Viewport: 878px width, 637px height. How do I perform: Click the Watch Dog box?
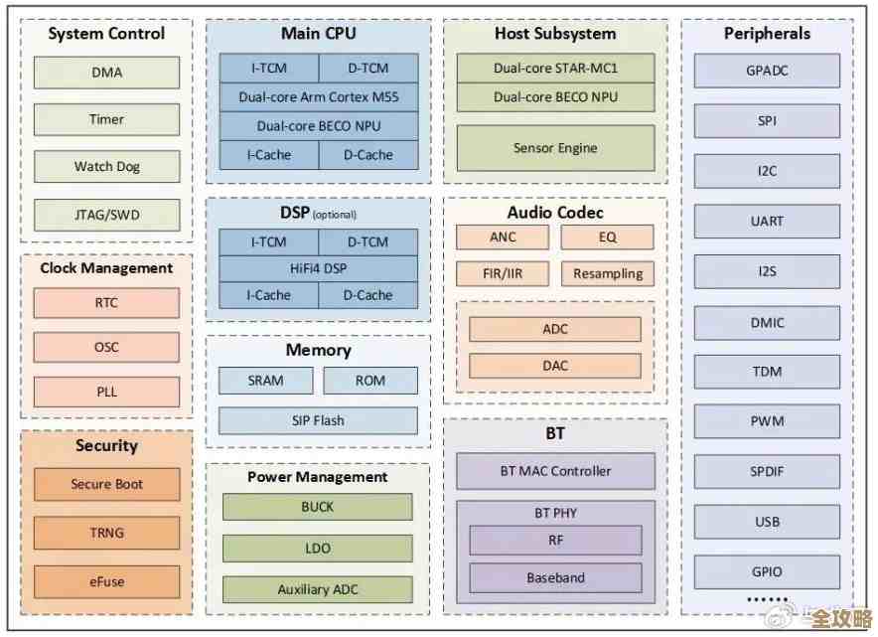(107, 167)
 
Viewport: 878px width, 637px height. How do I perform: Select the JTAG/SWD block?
(107, 215)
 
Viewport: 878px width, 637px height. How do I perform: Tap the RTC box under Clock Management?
(107, 303)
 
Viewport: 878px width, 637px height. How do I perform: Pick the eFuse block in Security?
(107, 581)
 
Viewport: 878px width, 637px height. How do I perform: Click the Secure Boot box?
(107, 485)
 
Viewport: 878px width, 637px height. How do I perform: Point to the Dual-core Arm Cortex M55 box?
(318, 97)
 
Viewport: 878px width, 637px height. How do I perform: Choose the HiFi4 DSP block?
(318, 268)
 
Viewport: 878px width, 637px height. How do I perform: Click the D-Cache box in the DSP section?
(368, 295)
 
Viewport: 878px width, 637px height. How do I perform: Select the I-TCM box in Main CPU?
(268, 69)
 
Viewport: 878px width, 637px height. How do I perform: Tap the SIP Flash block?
(318, 420)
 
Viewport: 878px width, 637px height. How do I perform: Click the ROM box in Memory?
(370, 381)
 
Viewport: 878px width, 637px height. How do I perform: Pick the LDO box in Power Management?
(318, 548)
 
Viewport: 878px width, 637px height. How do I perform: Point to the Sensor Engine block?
(555, 148)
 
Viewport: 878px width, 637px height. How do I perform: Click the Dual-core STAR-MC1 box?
(555, 69)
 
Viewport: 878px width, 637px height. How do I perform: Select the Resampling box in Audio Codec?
(608, 274)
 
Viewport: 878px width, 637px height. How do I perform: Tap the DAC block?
(555, 366)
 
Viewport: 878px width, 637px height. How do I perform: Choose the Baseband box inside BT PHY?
(555, 577)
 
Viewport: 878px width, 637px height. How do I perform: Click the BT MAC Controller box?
(555, 471)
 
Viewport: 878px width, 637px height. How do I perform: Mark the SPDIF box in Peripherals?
(767, 471)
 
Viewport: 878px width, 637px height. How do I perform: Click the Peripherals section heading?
(767, 34)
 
